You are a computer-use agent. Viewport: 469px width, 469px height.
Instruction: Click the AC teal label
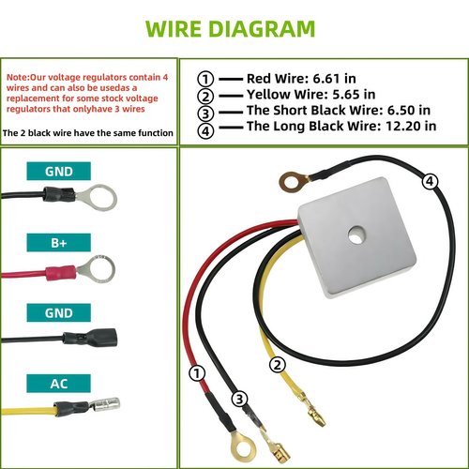59,384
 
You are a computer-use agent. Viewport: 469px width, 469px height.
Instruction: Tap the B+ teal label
59,242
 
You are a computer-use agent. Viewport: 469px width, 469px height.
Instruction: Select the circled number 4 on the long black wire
430,181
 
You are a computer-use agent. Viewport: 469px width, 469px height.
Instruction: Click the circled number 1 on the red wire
197,373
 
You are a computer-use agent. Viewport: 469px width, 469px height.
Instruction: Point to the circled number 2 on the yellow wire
278,365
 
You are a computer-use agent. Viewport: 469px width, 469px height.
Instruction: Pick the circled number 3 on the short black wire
239,399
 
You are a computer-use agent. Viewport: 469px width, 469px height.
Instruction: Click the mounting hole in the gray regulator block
356,235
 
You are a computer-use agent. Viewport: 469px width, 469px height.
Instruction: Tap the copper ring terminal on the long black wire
294,181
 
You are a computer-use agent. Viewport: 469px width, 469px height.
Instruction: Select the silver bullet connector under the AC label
105,405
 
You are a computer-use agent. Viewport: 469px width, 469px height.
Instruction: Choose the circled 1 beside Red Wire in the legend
205,79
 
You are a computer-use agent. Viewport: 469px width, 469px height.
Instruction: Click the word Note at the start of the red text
17,77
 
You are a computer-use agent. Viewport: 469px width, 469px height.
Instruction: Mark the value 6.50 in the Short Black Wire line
401,110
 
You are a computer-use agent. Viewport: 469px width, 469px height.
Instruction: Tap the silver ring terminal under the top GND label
98,198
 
